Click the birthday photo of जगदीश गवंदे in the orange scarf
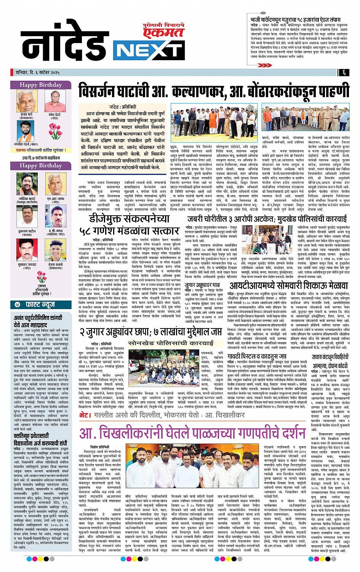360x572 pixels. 27,130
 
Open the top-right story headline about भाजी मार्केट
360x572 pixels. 300,19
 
